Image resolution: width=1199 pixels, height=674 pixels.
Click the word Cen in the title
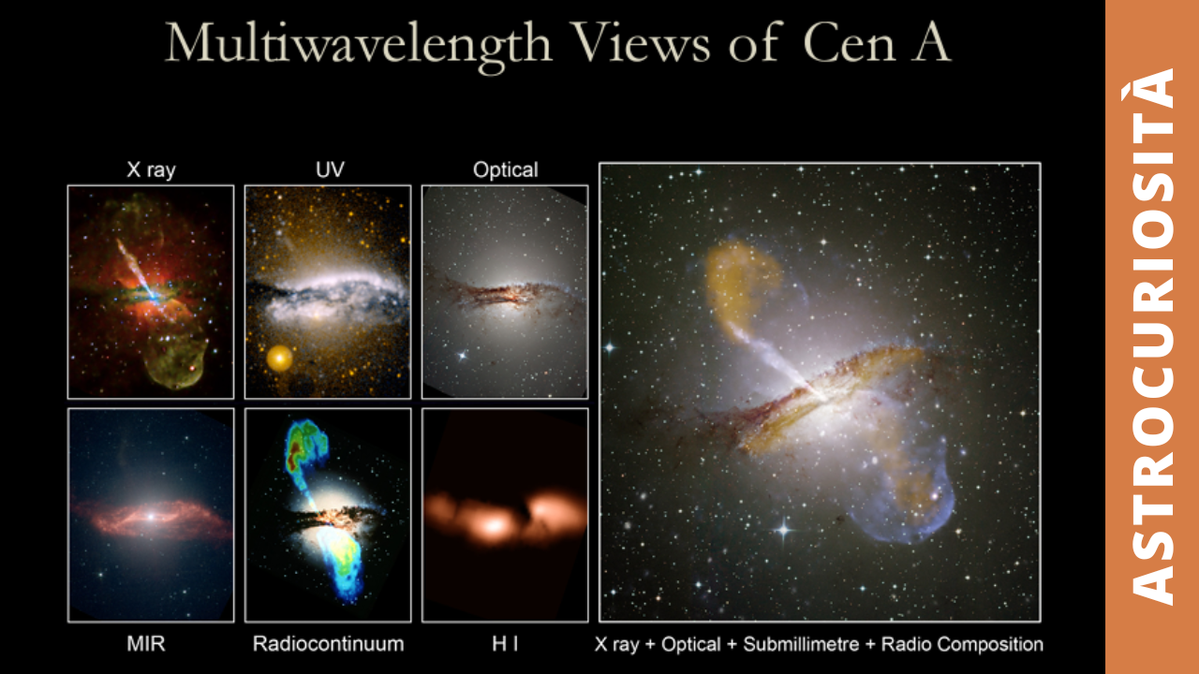pos(850,43)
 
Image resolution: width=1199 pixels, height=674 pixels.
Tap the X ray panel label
pos(151,169)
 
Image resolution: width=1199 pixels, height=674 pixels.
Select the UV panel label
pos(330,169)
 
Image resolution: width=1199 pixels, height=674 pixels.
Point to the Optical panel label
pos(505,170)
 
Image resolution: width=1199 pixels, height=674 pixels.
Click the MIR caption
pos(145,643)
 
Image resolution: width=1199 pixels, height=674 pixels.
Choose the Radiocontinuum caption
pos(328,643)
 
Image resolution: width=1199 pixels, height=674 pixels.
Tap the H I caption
pos(505,643)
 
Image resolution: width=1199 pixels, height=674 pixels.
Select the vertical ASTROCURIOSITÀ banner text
pos(1152,337)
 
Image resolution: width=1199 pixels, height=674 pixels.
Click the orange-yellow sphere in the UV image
pos(279,359)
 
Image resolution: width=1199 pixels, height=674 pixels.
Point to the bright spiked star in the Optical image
pos(462,355)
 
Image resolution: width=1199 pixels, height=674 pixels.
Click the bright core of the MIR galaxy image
pos(152,517)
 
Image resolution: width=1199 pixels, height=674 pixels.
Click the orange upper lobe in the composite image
pos(741,284)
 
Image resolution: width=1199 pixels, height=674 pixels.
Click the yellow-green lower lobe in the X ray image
pos(177,356)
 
